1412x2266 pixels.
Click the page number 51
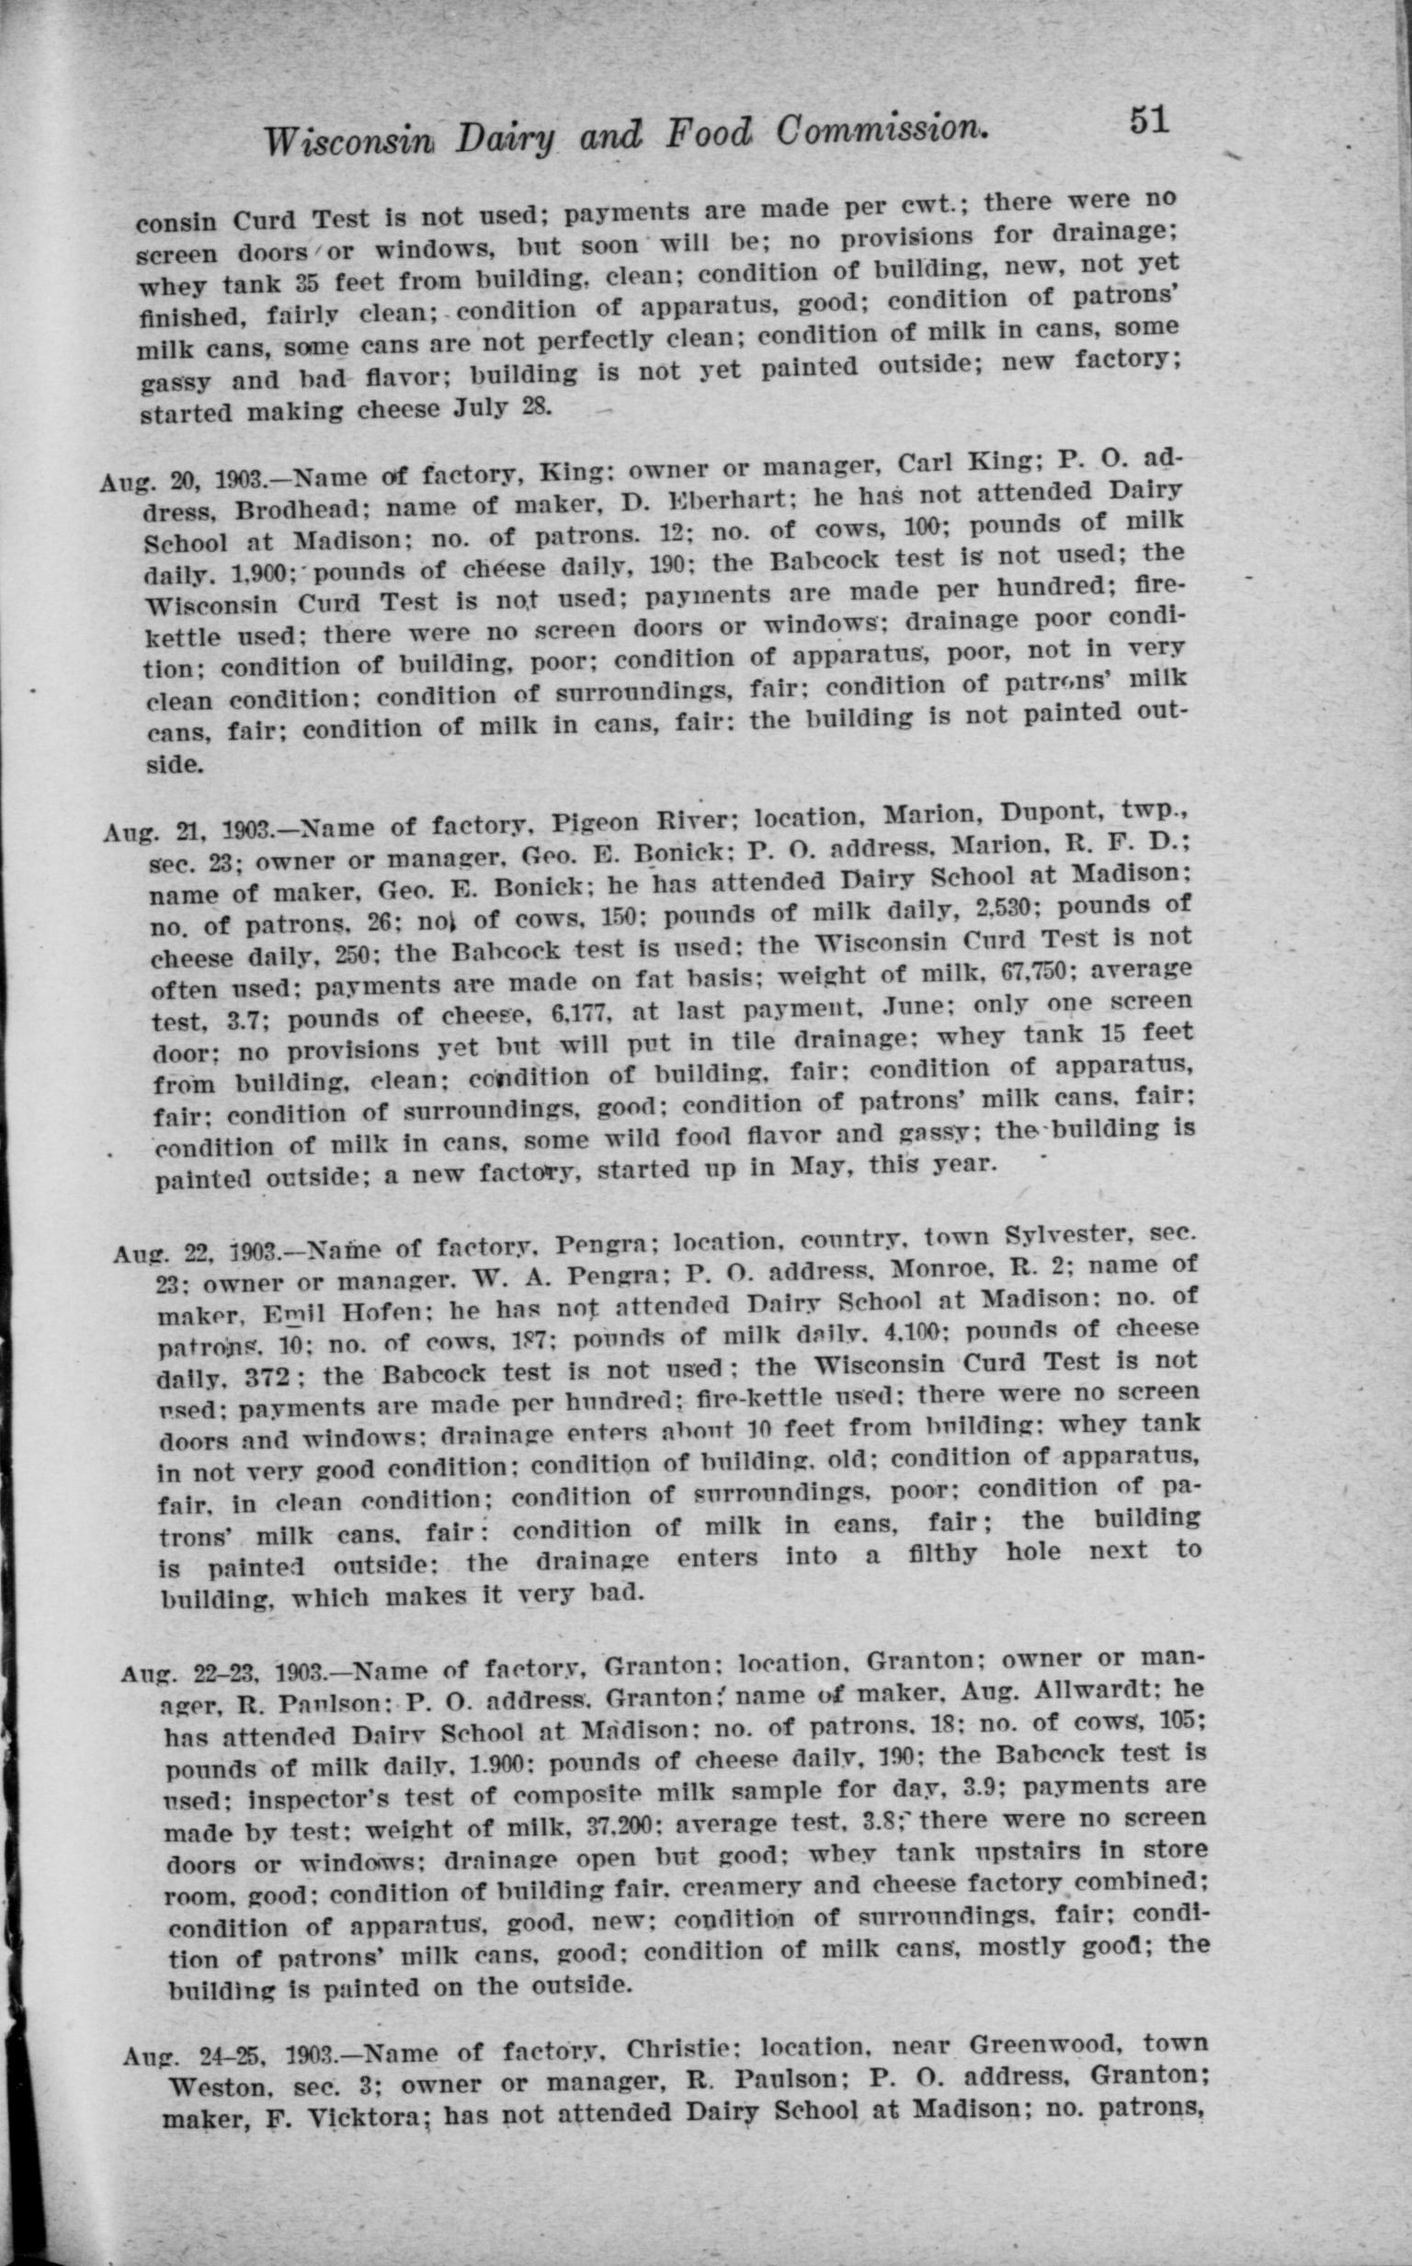tap(1149, 121)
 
